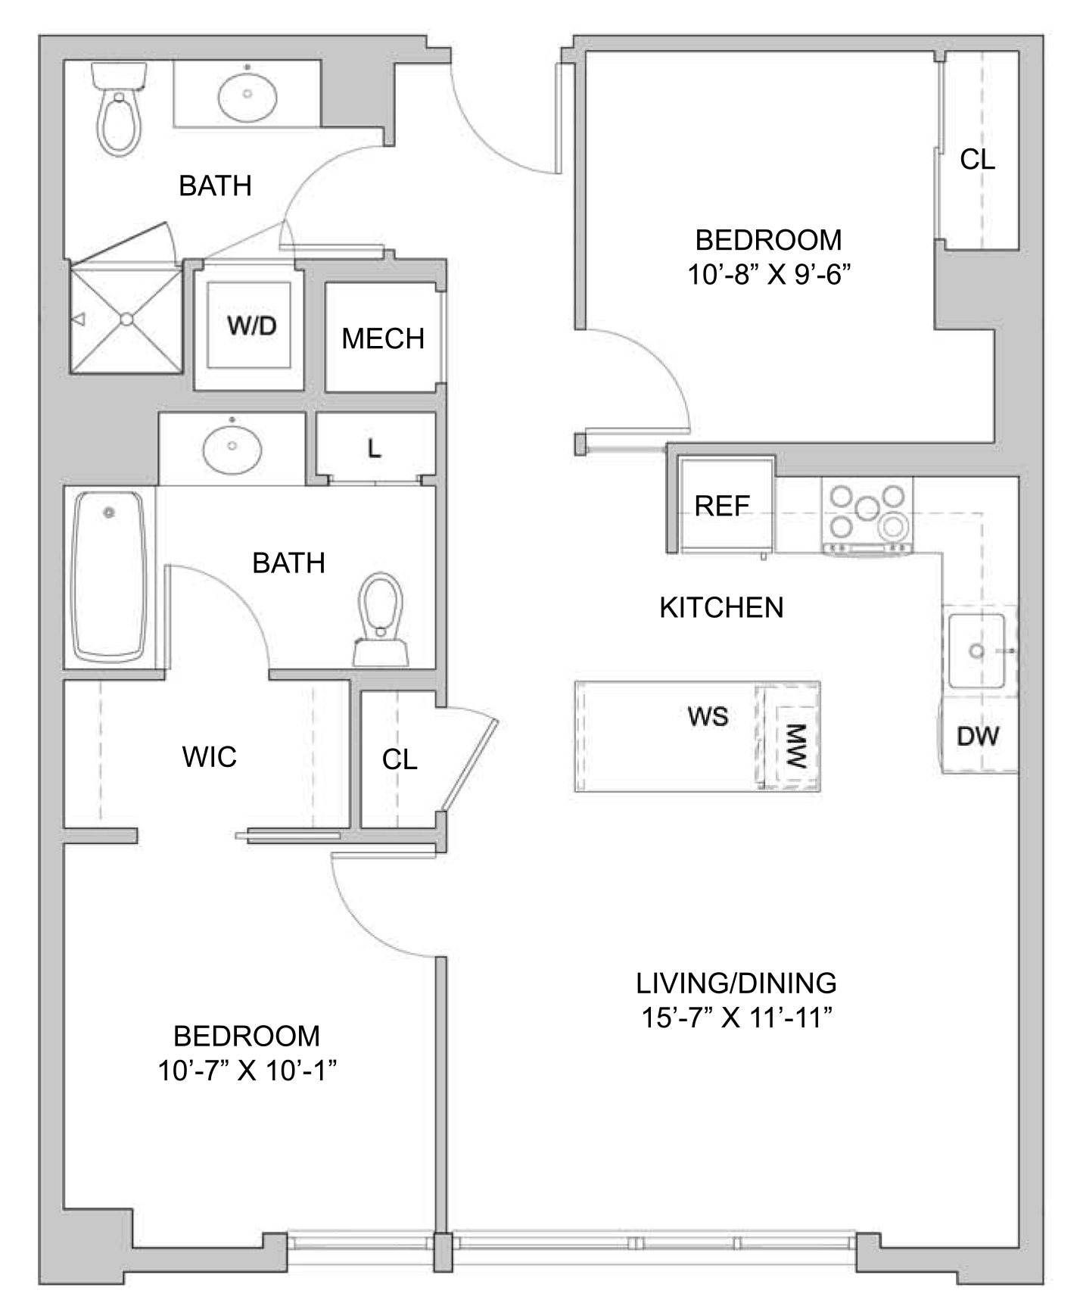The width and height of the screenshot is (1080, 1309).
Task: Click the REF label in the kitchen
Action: (x=722, y=506)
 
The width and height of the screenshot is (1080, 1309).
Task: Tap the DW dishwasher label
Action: (x=978, y=736)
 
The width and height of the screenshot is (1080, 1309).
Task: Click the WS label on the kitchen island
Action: (x=708, y=716)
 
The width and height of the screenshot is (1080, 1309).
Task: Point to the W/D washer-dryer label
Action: (x=252, y=326)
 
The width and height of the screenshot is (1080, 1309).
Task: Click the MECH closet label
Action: (x=383, y=338)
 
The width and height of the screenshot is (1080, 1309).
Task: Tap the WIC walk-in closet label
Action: (x=210, y=756)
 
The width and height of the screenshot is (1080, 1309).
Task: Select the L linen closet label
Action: (x=374, y=449)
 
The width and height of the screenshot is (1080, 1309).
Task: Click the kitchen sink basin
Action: (x=977, y=650)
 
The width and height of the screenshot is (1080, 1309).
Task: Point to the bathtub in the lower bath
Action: (x=109, y=577)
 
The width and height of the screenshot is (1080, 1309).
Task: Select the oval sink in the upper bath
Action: (x=247, y=95)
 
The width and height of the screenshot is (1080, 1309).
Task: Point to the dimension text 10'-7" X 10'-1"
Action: (x=247, y=1071)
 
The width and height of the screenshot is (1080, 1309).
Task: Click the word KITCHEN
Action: (x=721, y=608)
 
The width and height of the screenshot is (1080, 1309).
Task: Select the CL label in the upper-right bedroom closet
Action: (x=977, y=159)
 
